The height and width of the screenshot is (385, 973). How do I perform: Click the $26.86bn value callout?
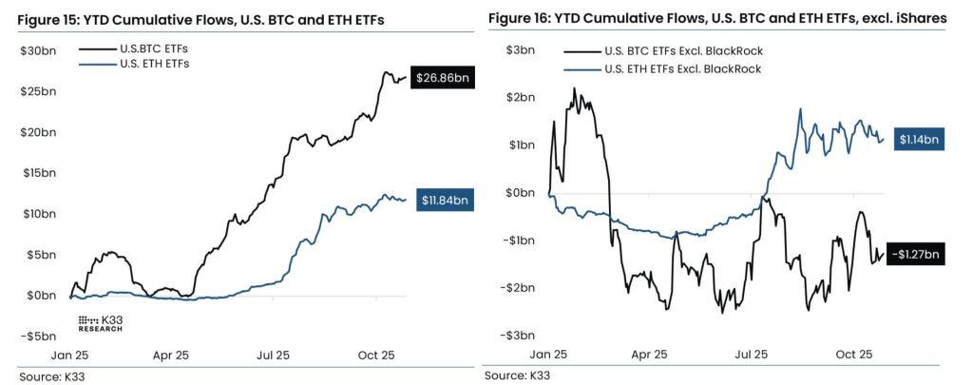pos(441,80)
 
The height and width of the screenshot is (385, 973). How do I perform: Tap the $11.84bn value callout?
pos(445,201)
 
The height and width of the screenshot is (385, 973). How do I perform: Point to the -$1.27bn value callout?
pos(914,254)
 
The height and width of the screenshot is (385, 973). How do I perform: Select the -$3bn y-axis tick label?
pos(515,336)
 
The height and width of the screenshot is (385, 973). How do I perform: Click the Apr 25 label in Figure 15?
pos(170,355)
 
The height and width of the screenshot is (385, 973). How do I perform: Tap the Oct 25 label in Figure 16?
pos(853,355)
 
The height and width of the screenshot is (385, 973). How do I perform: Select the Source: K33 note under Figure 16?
pos(517,375)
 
